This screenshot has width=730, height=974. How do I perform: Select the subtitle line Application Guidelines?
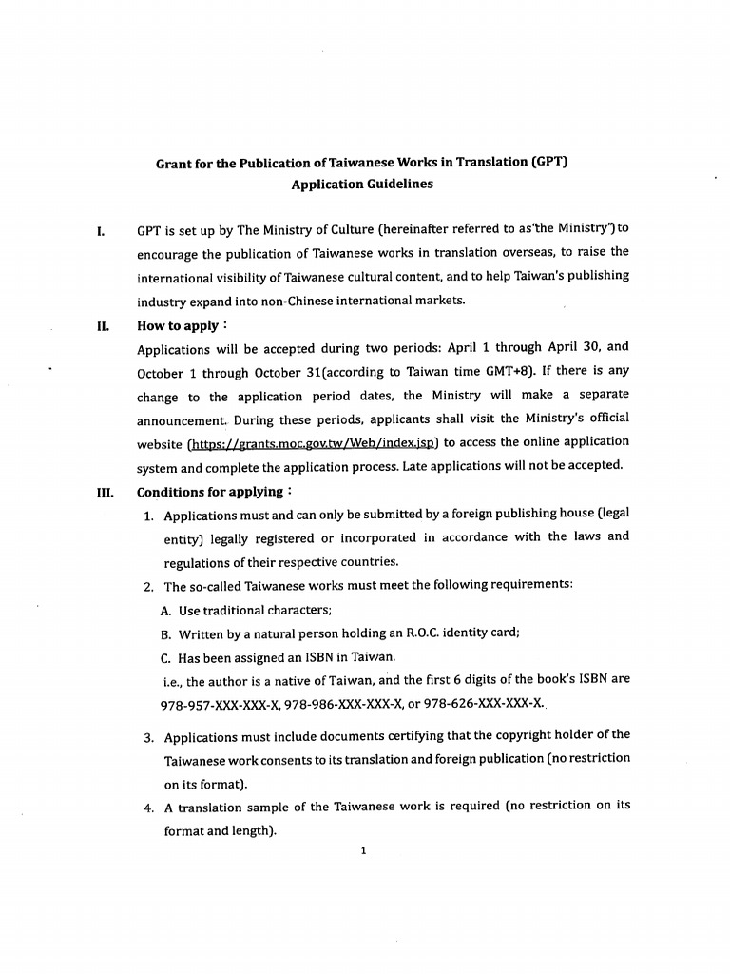pos(362,185)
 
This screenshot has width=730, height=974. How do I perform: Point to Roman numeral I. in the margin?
pos(101,231)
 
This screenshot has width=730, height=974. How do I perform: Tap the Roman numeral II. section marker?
pos(103,326)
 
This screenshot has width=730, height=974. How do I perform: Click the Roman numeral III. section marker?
pos(105,493)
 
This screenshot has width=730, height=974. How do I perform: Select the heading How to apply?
pos(178,326)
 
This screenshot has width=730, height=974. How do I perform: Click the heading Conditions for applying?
pos(210,492)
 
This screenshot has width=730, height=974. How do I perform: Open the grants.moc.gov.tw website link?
pos(313,442)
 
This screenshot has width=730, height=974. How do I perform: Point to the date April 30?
pos(574,348)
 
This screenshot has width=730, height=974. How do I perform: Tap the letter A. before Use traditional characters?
pos(166,611)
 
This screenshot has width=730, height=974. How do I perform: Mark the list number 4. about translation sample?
pos(149,807)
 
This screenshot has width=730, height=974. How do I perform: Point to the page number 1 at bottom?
pos(363,850)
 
